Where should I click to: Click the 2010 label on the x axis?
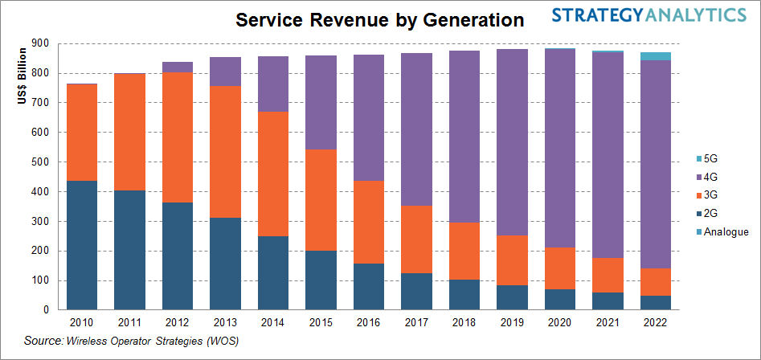(x=82, y=322)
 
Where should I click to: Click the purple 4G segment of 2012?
(x=178, y=67)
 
